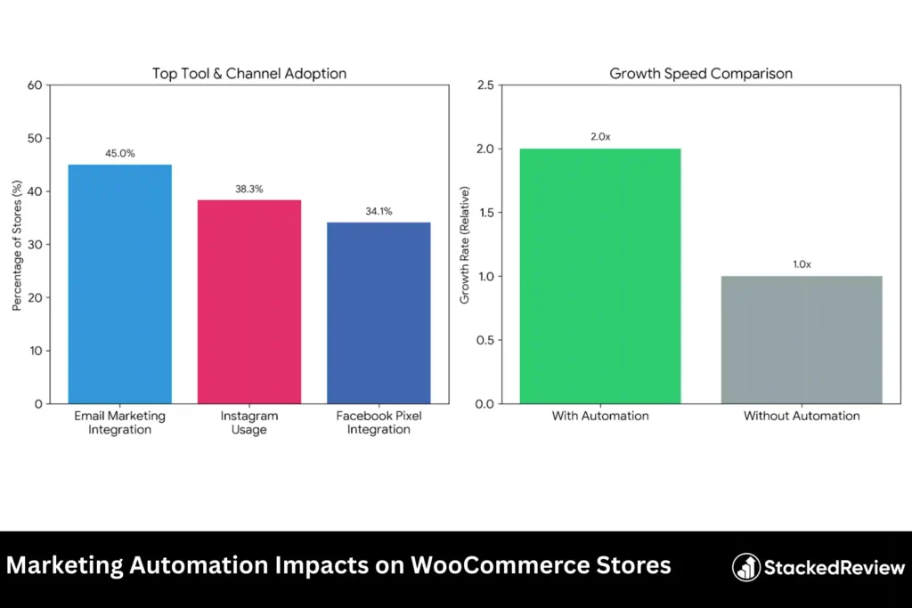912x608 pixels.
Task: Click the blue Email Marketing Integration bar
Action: click(x=119, y=284)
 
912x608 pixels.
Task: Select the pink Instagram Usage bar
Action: click(x=248, y=302)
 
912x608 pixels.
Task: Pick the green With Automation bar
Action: click(x=600, y=276)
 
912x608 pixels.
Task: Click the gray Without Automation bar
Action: click(x=802, y=339)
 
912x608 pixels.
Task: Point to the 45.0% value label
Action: click(x=119, y=153)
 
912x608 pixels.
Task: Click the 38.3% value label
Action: click(x=248, y=189)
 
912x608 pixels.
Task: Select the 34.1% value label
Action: click(x=379, y=211)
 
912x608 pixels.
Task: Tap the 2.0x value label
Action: click(x=600, y=137)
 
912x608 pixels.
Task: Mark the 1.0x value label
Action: click(x=802, y=264)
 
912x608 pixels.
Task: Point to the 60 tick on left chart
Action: click(x=36, y=85)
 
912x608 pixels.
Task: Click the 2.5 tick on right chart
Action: click(x=486, y=85)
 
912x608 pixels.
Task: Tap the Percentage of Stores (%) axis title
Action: click(x=17, y=245)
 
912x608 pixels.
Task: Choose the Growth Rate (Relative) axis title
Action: click(x=464, y=245)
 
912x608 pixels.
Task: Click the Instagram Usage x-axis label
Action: click(x=248, y=422)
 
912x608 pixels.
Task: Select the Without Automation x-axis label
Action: click(x=802, y=416)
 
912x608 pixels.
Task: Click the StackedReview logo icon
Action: click(x=746, y=567)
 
